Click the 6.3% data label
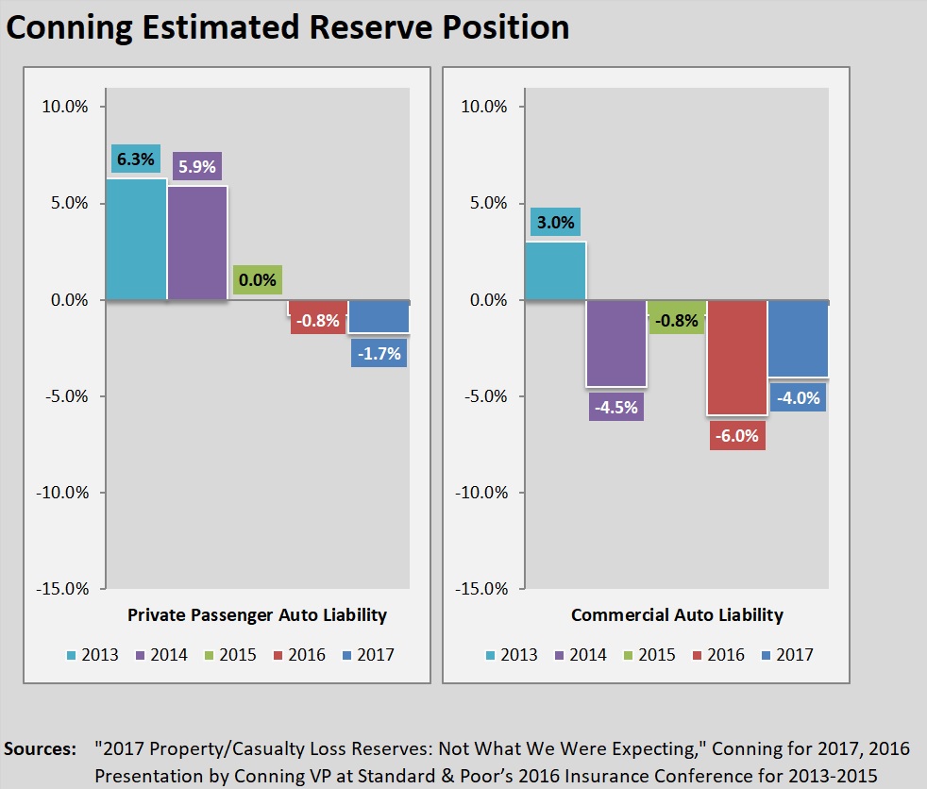pyautogui.click(x=134, y=159)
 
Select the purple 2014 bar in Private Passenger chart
pyautogui.click(x=197, y=243)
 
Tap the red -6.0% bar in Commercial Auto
pyautogui.click(x=738, y=358)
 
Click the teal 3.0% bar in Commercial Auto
pyautogui.click(x=555, y=271)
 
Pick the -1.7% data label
pyautogui.click(x=379, y=354)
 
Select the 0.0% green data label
pyautogui.click(x=258, y=279)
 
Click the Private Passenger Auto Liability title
pyautogui.click(x=257, y=615)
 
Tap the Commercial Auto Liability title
pyautogui.click(x=677, y=615)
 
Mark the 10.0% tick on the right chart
pyautogui.click(x=483, y=107)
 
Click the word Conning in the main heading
pyautogui.click(x=67, y=26)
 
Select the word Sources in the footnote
pyautogui.click(x=40, y=749)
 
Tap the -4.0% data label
pyautogui.click(x=798, y=398)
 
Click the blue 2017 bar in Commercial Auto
pyautogui.click(x=799, y=339)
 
